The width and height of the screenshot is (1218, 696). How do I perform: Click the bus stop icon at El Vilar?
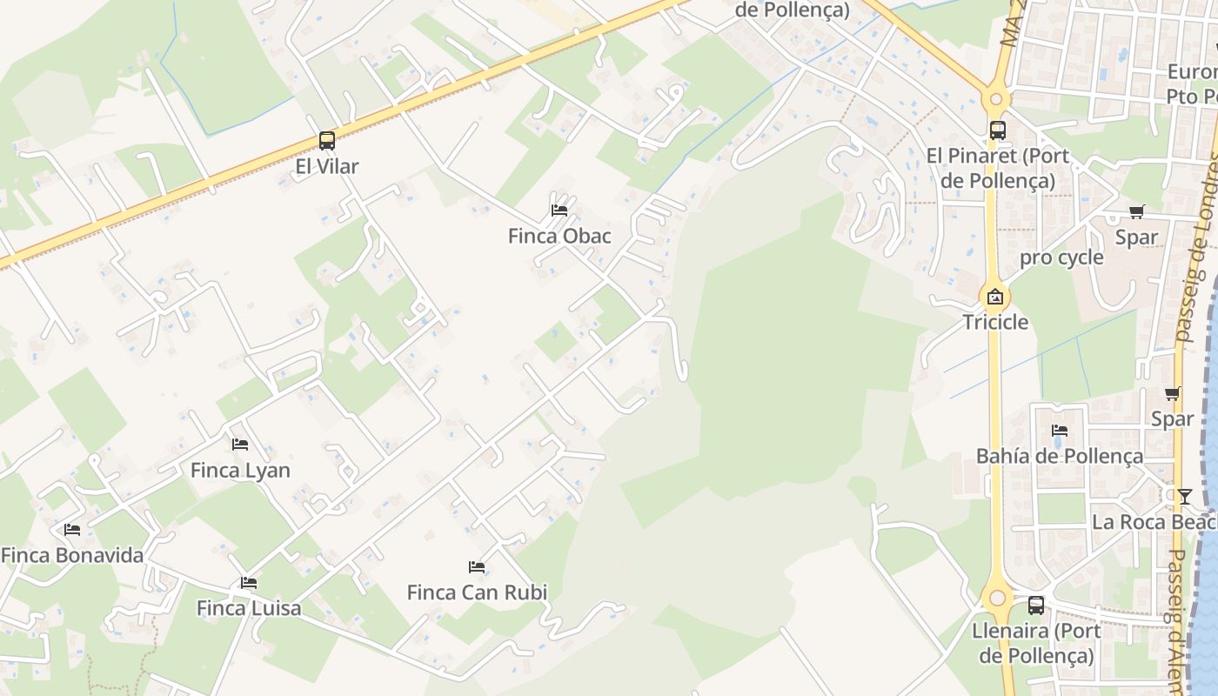point(327,140)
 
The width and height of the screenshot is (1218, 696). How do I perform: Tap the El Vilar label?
point(327,166)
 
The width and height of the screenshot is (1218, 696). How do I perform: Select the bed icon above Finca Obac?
point(559,211)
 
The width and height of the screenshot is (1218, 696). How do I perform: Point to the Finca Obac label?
point(559,236)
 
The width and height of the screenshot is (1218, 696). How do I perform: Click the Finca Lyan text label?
point(240,471)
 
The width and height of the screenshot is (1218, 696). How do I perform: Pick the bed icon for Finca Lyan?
point(240,445)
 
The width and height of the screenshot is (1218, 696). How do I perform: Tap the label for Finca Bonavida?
point(72,555)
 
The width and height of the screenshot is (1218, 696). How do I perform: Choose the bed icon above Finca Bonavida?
point(72,529)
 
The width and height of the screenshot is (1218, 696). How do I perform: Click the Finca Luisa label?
point(249,608)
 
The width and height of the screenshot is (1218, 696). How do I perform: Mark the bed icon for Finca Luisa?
point(249,582)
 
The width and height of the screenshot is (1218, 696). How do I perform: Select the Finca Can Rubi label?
point(477,592)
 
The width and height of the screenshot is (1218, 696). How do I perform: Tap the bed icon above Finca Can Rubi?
point(477,567)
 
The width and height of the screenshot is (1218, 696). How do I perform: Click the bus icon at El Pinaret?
point(997,130)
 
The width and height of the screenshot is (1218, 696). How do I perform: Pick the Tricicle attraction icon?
point(995,297)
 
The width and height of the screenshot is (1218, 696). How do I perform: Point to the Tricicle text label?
point(995,323)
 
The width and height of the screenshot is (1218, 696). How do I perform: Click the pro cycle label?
point(1061,258)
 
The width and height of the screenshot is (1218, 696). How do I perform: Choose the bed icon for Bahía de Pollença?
point(1060,431)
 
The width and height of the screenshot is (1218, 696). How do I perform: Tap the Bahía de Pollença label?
point(1060,456)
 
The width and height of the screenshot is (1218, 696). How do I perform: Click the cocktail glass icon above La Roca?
point(1184,496)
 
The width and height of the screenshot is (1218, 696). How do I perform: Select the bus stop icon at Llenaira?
point(1036,606)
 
